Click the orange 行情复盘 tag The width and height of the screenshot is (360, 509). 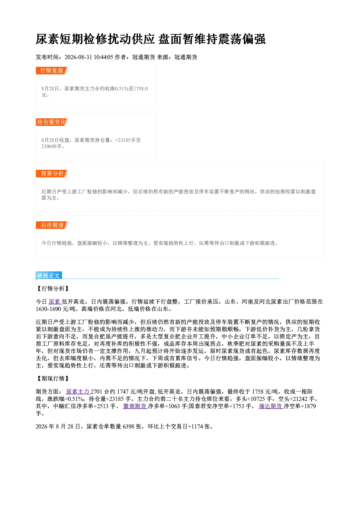pos(52,70)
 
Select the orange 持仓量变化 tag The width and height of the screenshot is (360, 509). pos(52,122)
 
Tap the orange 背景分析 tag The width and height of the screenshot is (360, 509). pos(52,174)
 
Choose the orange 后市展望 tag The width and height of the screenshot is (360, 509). pos(52,225)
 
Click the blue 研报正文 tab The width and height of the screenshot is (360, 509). pos(49,276)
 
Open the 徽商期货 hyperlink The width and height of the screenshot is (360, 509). pos(135,406)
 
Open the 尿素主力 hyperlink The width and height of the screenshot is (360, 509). pos(78,391)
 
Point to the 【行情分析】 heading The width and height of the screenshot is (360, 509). pos(53,288)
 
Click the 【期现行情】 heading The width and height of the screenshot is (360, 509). pos(53,378)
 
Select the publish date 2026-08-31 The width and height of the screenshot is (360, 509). pos(78,57)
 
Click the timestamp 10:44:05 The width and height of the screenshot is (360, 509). pos(103,57)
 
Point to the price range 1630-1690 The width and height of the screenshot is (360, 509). pos(48,309)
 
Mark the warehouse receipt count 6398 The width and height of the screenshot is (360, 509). pos(128,427)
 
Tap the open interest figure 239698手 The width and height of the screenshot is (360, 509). pos(52,146)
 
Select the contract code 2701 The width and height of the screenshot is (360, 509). pos(97,391)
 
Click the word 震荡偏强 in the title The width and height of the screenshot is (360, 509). pos(242,39)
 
